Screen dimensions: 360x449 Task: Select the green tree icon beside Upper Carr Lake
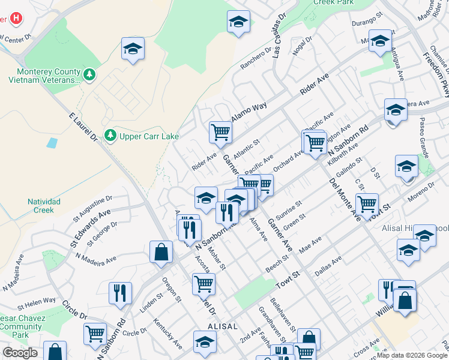click(x=110, y=136)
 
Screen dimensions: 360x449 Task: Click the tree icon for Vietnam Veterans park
click(x=89, y=74)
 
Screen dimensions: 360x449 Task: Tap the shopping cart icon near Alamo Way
click(x=220, y=132)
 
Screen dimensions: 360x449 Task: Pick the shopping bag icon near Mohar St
click(x=161, y=252)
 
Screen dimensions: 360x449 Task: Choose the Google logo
click(x=20, y=353)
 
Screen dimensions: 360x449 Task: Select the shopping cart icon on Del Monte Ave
click(x=366, y=204)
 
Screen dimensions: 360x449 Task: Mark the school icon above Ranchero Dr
click(x=238, y=22)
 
